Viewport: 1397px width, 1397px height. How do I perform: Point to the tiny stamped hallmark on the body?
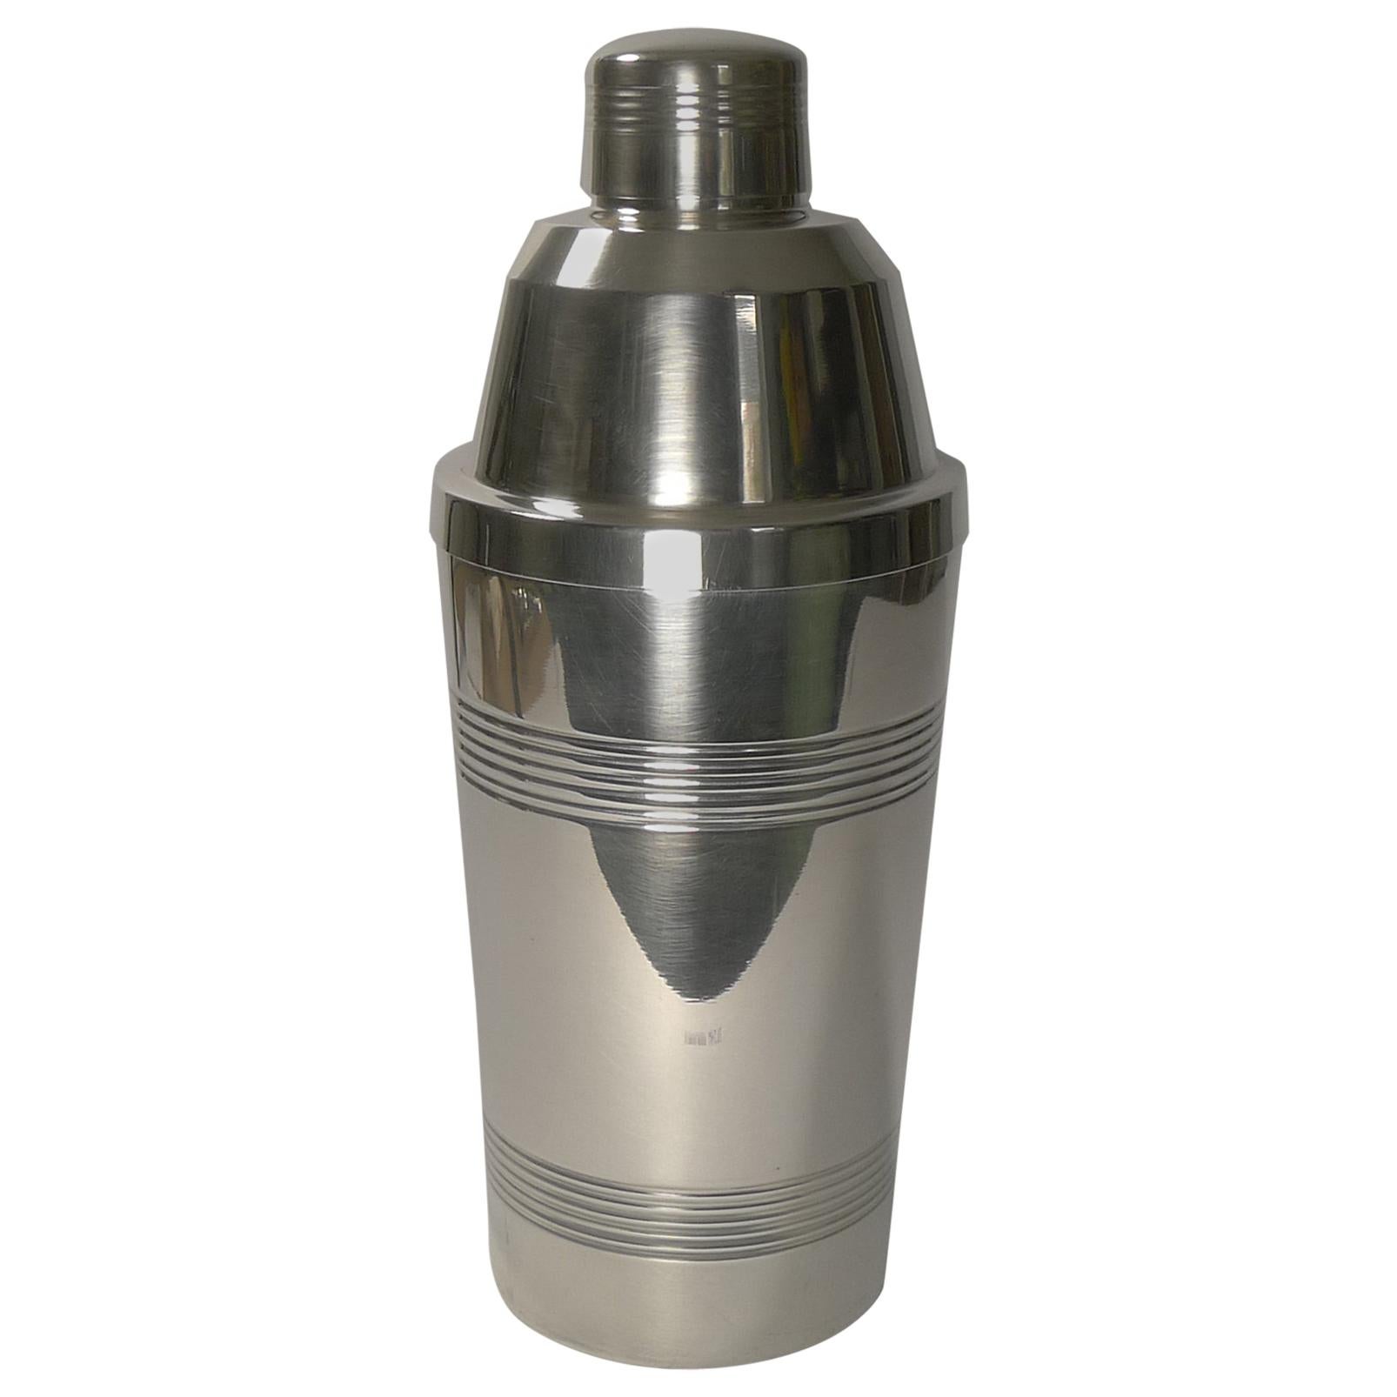tap(705, 1037)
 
